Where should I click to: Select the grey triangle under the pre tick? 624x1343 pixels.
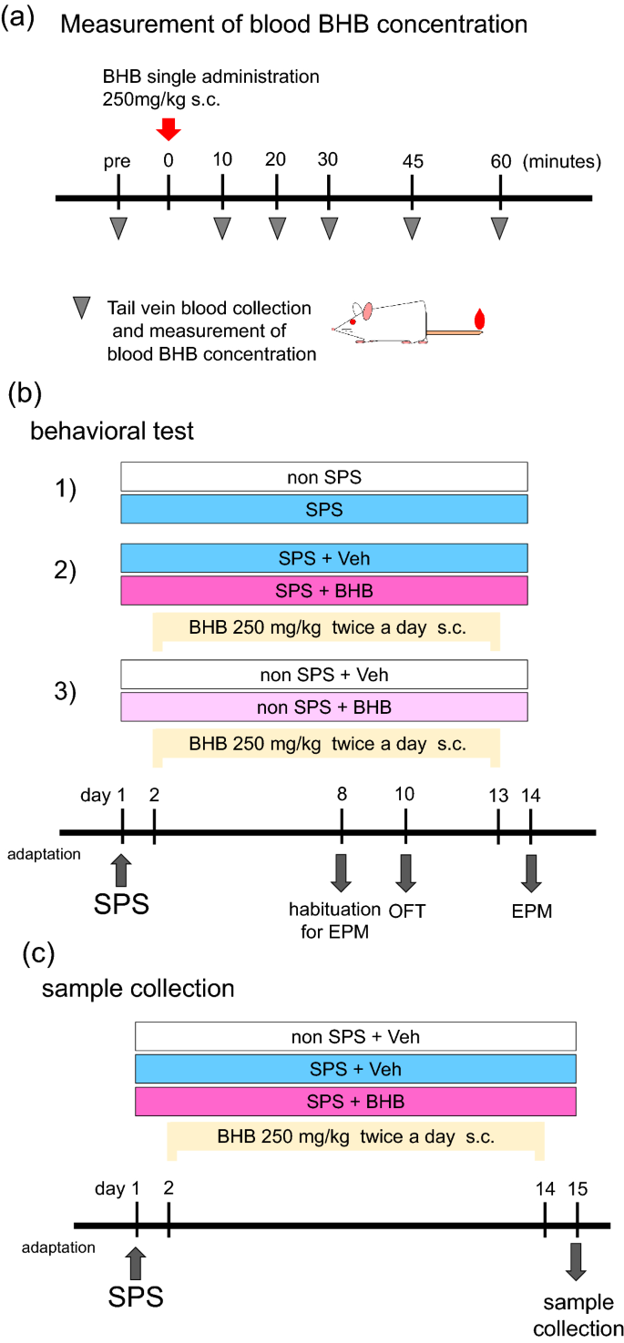118,228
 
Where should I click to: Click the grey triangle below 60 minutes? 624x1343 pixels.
500,228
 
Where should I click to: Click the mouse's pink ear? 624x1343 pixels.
366,311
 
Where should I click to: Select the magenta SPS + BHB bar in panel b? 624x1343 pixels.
323,590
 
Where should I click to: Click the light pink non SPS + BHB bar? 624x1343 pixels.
323,706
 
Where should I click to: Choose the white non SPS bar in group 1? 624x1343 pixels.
323,475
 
